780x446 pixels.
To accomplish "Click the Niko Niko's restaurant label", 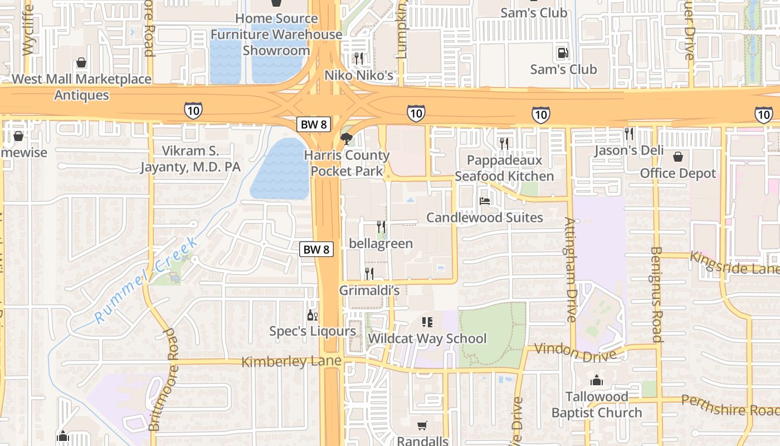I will (359, 75).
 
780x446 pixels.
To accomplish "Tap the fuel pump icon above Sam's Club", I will (563, 53).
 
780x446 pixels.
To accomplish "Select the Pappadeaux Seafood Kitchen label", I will (504, 168).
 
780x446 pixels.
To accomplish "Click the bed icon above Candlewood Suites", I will (485, 201).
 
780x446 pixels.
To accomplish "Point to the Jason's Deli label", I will (629, 150).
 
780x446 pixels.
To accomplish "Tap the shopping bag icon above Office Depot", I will (678, 157).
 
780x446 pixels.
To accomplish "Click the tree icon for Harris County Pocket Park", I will (346, 138).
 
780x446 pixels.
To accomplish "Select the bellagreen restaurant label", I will (381, 243).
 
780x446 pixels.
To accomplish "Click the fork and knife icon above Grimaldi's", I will (369, 273).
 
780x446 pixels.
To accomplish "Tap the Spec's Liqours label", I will (313, 331).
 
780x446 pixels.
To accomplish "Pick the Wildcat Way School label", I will (427, 338).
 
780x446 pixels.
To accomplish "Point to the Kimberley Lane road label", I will (291, 362).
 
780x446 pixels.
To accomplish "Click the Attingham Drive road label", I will (570, 269).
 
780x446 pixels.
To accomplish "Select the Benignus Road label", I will (656, 294).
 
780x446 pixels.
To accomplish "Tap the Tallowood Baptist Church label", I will (597, 405).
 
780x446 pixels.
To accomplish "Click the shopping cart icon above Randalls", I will (422, 425).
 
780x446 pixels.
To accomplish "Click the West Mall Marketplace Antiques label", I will (81, 87).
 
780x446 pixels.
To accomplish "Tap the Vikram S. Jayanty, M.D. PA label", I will (190, 158).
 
